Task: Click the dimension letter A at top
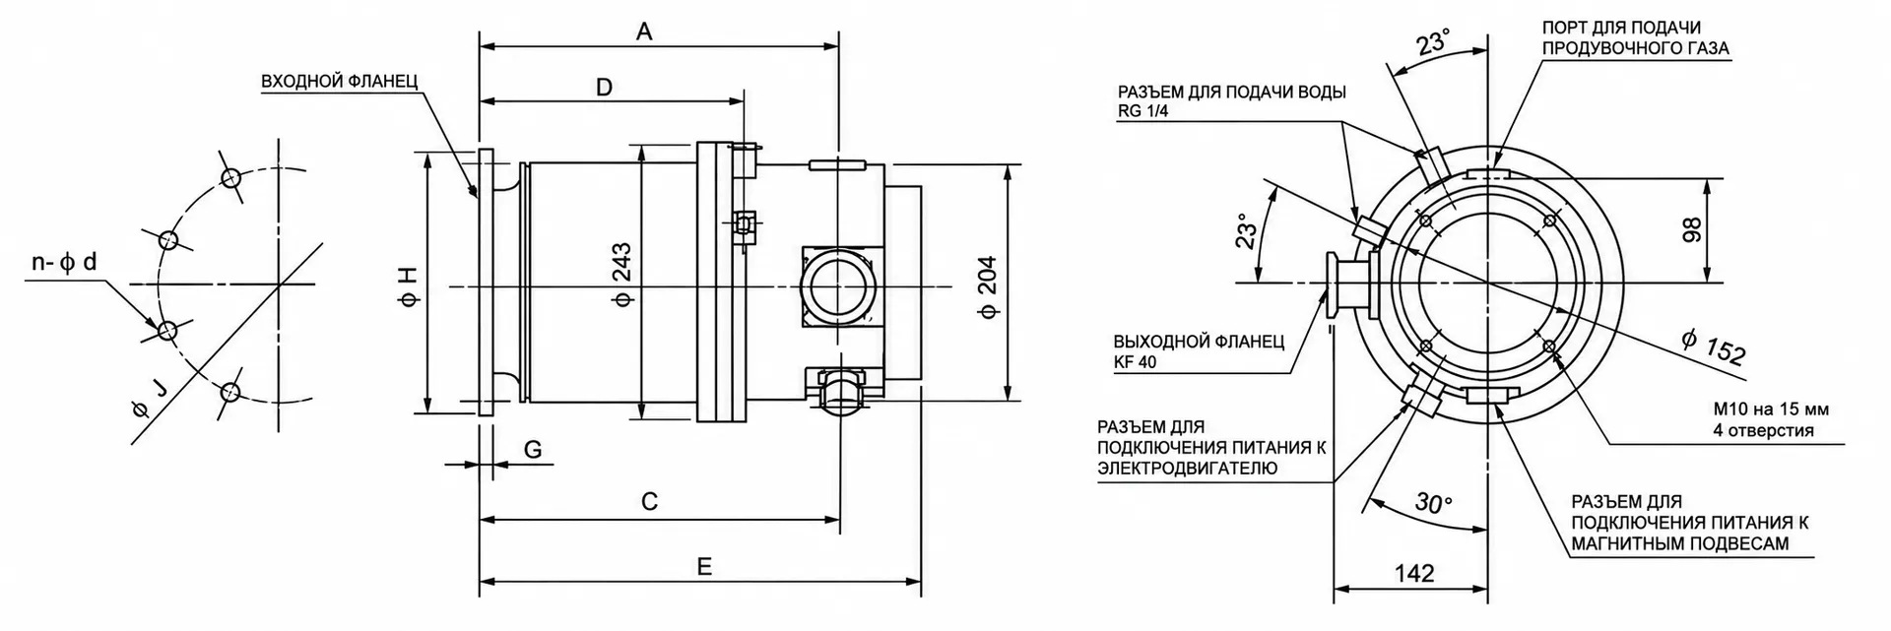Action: (644, 32)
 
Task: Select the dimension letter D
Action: (605, 88)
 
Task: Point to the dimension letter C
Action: (649, 502)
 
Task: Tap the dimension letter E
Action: (703, 567)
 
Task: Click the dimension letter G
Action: (533, 450)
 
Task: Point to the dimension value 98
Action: (1691, 230)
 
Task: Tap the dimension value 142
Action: (1414, 573)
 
